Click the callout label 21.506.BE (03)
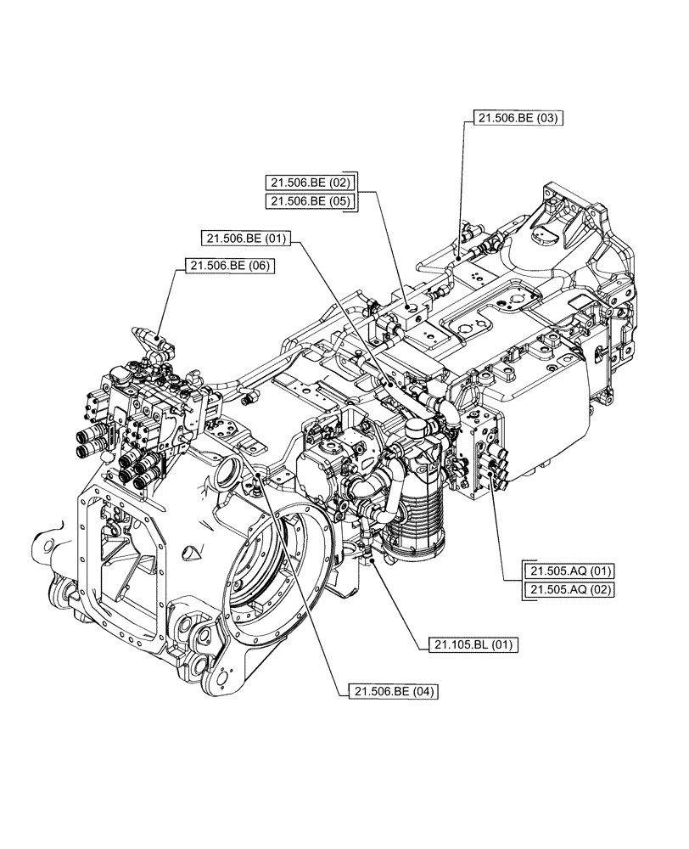coord(516,119)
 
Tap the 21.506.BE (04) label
coord(392,692)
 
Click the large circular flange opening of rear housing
coord(272,560)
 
